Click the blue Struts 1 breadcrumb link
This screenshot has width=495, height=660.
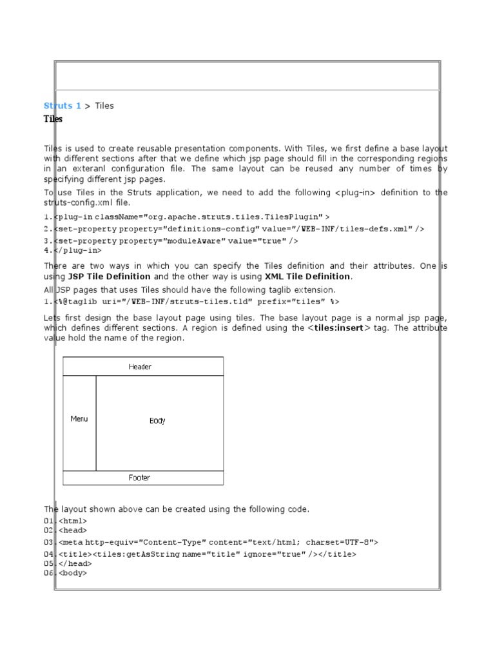62,106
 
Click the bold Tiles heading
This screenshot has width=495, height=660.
53,119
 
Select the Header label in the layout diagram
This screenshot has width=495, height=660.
140,367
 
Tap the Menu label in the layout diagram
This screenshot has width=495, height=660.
79,419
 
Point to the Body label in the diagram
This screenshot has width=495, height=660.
157,421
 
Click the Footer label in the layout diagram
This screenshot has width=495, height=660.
139,478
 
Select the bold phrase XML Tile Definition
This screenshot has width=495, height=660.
308,277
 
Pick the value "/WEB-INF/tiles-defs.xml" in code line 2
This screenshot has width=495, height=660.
354,229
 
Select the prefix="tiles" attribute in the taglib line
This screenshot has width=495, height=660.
292,302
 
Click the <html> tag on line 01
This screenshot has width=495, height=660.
73,521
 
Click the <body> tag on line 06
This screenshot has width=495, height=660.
73,572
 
